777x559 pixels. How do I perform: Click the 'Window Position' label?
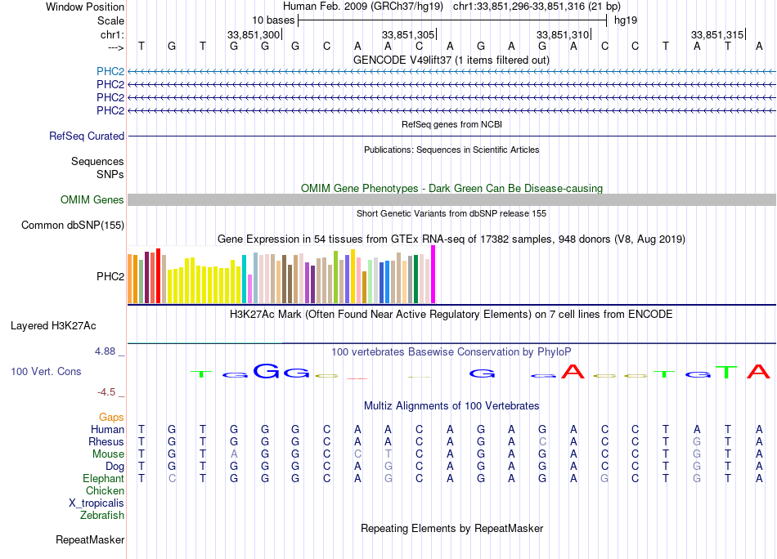(85, 7)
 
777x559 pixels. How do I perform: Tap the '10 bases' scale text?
(273, 20)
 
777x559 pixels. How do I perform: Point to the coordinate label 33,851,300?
(254, 34)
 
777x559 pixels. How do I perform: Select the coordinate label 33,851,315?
(717, 34)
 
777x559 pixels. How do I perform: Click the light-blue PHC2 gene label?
(110, 71)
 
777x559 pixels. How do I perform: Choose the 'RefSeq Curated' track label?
(87, 136)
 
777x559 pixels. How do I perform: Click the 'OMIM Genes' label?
(92, 199)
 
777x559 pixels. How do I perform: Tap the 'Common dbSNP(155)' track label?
(73, 226)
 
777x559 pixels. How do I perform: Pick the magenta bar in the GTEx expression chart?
(433, 275)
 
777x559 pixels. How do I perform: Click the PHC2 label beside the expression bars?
(110, 276)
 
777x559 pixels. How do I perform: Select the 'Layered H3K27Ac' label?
(53, 326)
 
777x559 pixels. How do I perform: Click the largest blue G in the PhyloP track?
(266, 371)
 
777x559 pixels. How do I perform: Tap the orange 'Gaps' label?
(111, 418)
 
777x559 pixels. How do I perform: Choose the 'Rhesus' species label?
(106, 441)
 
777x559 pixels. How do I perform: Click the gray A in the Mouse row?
(234, 454)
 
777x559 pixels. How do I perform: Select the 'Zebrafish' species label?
(102, 516)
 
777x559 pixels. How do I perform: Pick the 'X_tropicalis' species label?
(97, 503)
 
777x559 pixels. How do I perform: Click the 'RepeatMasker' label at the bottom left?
(90, 539)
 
